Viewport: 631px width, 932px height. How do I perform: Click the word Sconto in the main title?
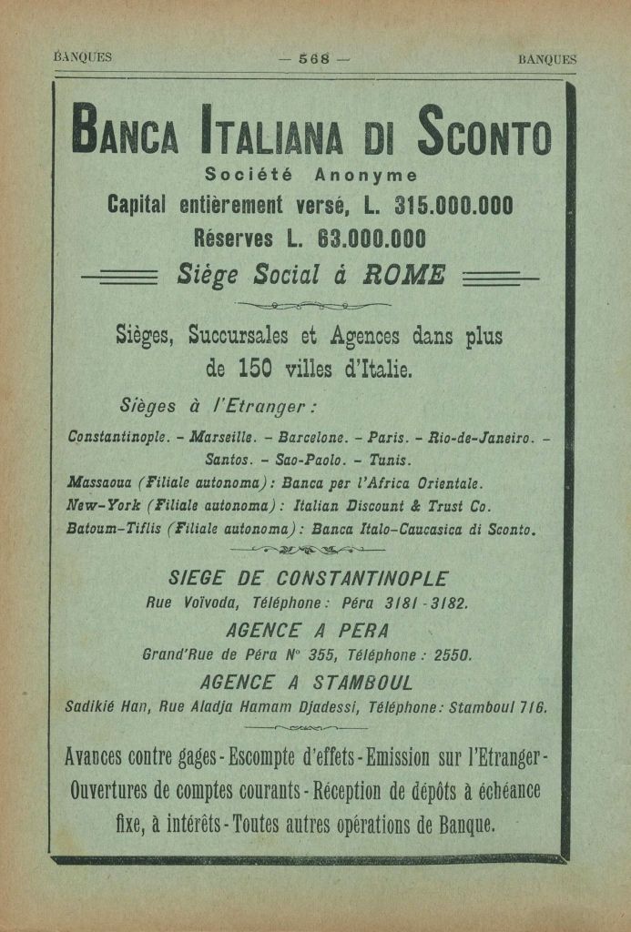[484, 136]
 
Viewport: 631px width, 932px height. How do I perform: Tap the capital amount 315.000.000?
[453, 206]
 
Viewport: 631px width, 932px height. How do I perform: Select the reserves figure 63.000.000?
[371, 238]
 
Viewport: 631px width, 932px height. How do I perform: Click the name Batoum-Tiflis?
[115, 529]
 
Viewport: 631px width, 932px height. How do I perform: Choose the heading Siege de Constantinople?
[309, 579]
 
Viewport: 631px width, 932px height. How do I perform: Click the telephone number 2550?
[451, 653]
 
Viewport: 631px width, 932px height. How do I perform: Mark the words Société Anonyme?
[311, 175]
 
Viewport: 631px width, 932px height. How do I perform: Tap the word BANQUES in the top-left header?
[83, 57]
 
